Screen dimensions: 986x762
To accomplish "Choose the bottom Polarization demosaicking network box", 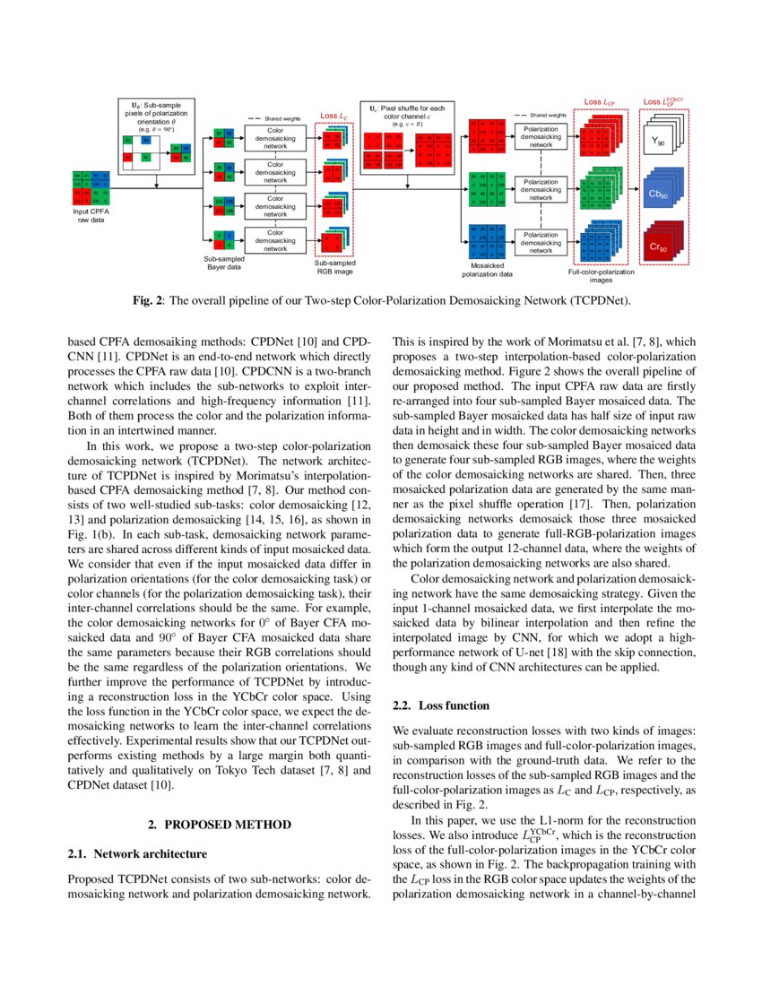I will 541,242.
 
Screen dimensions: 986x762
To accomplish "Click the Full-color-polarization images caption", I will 601,274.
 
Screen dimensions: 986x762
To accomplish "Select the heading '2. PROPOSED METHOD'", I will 219,822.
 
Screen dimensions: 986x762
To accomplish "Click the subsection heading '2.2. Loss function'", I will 441,705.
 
